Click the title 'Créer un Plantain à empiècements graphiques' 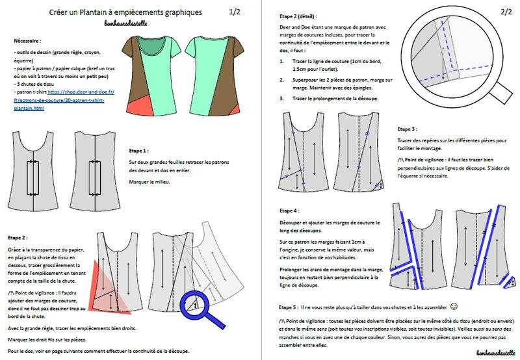[x=125, y=12]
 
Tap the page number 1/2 [x=235, y=12]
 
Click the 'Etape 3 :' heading [x=408, y=129]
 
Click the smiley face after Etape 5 [x=454, y=305]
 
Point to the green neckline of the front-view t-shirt [x=149, y=45]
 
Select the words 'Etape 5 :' [x=284, y=306]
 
